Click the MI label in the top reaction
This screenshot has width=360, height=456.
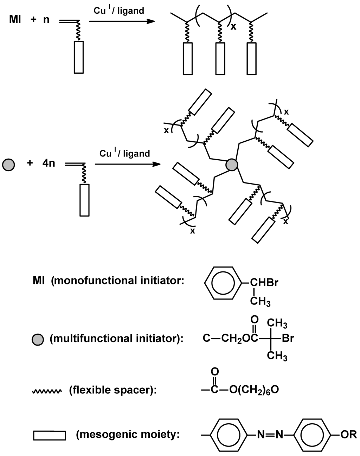point(15,19)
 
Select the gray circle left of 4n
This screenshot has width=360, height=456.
point(8,165)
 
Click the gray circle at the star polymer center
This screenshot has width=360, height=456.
point(232,165)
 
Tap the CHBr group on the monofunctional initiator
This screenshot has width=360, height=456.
point(264,283)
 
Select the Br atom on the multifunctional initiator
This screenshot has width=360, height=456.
point(288,339)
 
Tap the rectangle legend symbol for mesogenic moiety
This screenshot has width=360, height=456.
point(50,435)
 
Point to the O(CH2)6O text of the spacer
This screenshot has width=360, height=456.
point(254,390)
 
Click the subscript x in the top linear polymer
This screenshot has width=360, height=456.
point(233,27)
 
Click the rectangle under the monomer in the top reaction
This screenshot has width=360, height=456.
point(79,57)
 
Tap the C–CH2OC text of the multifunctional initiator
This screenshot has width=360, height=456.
point(231,339)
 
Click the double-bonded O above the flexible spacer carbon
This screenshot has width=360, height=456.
point(215,371)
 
